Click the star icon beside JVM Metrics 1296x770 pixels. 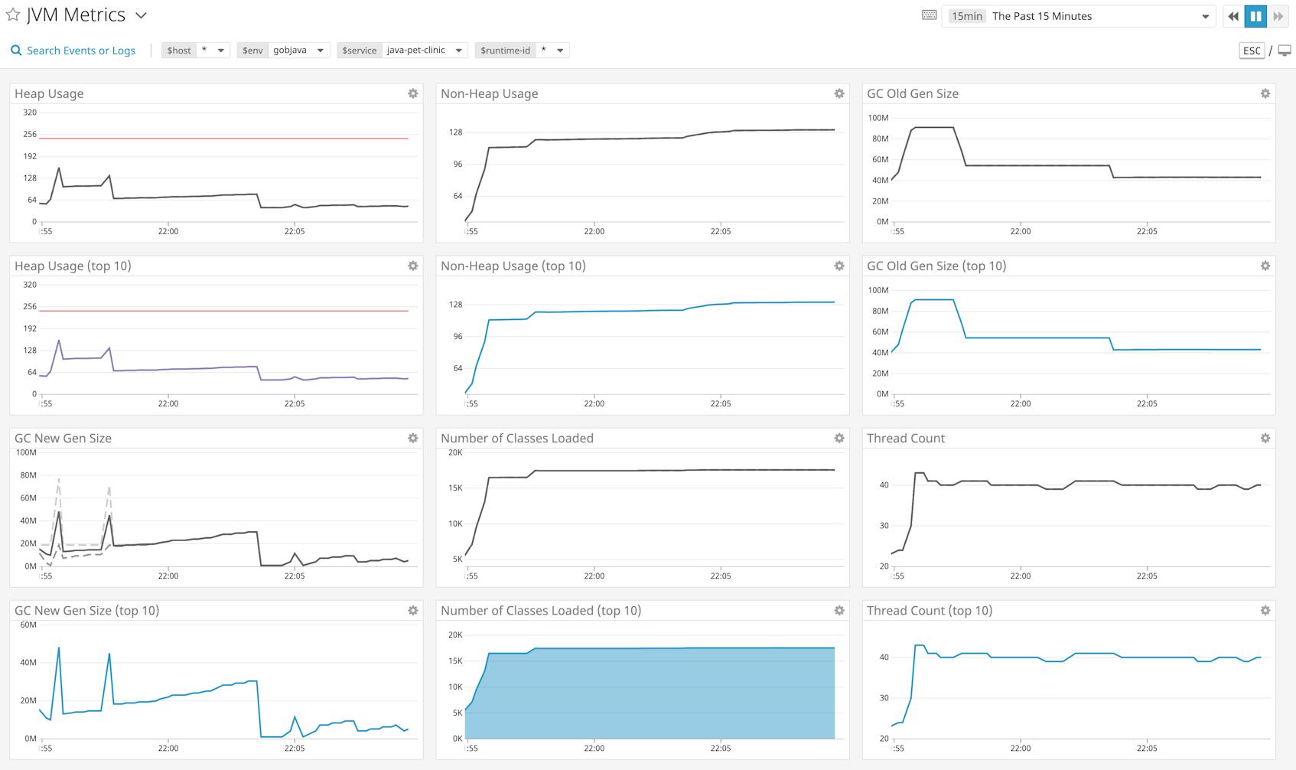pos(13,15)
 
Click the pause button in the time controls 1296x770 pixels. pos(1255,16)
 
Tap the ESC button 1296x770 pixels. pos(1252,51)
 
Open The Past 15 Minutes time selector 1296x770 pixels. pos(1079,16)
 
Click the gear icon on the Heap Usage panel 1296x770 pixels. pos(413,93)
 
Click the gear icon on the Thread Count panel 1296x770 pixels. pos(1265,438)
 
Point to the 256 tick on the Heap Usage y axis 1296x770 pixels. pos(30,134)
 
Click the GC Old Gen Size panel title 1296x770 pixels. pos(912,93)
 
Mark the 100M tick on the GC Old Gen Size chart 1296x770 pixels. pos(878,118)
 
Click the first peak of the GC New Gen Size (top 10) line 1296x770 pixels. pos(59,648)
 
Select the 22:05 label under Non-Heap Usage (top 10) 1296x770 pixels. pos(721,403)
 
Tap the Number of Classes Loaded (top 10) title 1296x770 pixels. pos(540,610)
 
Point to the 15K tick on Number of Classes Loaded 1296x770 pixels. pos(455,488)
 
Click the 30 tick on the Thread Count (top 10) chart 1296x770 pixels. pos(884,698)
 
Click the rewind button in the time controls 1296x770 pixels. pos(1233,16)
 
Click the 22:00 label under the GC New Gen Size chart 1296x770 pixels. pos(168,576)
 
